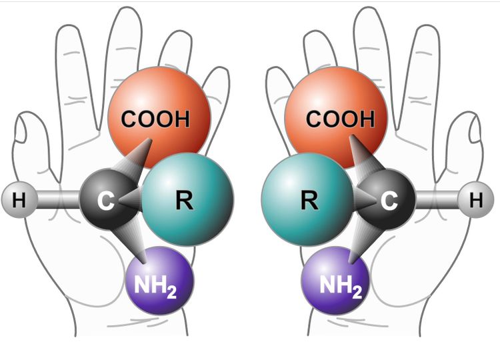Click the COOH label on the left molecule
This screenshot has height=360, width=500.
(x=155, y=119)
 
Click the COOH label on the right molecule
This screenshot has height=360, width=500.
(x=340, y=119)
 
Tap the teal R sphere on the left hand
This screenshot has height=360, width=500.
(x=187, y=199)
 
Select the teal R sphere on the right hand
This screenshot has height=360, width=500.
(x=307, y=199)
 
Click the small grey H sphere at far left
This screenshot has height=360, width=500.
(x=19, y=200)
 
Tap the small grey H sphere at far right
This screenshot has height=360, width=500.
(x=476, y=200)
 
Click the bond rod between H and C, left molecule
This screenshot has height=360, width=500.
(x=59, y=200)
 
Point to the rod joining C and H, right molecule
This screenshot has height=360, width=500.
(x=437, y=200)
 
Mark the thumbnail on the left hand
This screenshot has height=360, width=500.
(x=21, y=129)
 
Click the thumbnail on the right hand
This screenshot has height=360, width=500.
(x=474, y=129)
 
